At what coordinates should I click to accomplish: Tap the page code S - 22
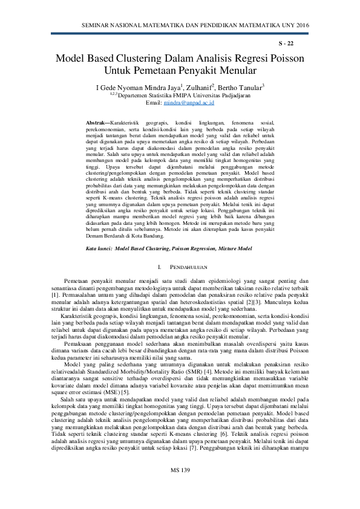pos(286,44)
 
